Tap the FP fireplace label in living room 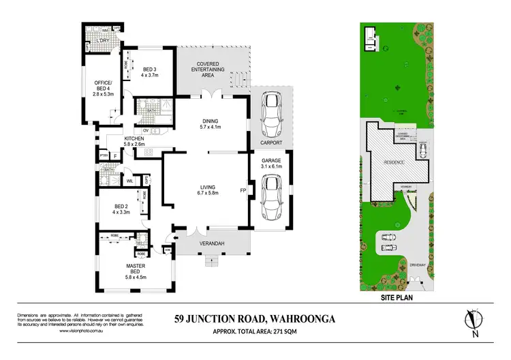pyautogui.click(x=241, y=191)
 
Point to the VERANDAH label pyautogui.click(x=212, y=243)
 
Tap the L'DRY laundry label pyautogui.click(x=104, y=42)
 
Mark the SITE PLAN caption pyautogui.click(x=397, y=297)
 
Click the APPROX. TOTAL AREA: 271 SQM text pyautogui.click(x=255, y=330)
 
